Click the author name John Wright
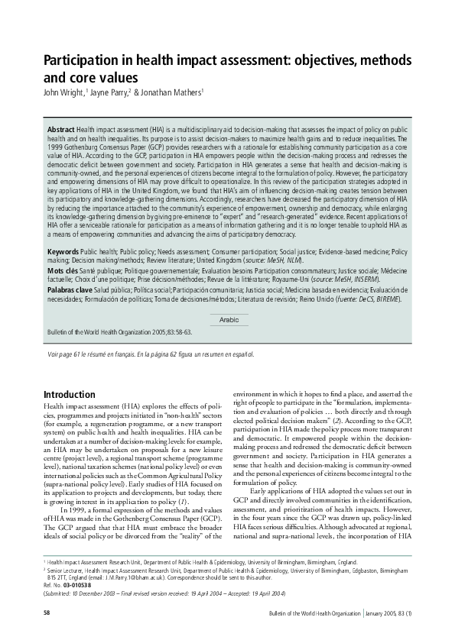click(x=63, y=93)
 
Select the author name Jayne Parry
click(x=109, y=93)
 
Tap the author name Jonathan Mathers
click(x=167, y=93)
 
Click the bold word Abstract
click(x=61, y=131)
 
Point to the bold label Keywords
click(x=63, y=251)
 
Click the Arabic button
click(x=229, y=319)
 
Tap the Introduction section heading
click(x=74, y=395)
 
